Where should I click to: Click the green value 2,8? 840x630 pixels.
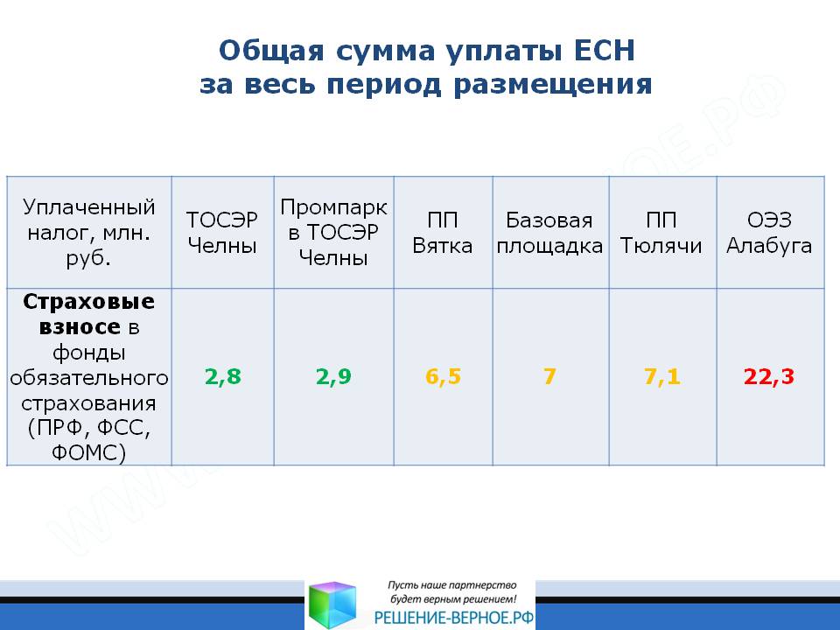[223, 376]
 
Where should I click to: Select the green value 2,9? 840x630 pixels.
[333, 376]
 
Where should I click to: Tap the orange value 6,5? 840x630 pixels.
[443, 376]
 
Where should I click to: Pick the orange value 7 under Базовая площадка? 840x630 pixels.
[549, 376]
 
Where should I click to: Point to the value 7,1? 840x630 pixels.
[662, 376]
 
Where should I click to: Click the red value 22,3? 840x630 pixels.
[769, 376]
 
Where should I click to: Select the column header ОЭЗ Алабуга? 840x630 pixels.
[769, 233]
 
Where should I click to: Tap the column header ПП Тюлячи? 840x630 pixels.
[661, 233]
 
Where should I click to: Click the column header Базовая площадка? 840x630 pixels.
[549, 233]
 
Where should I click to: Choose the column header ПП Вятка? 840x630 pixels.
[443, 233]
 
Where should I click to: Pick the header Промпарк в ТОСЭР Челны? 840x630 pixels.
[333, 232]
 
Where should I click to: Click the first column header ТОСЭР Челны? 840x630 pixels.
[222, 233]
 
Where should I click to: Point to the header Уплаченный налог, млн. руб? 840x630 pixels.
[89, 232]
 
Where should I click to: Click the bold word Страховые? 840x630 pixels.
[89, 302]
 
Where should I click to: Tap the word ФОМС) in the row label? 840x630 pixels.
[89, 452]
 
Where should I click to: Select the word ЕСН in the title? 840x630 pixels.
[605, 51]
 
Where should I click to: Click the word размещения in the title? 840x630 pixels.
[553, 85]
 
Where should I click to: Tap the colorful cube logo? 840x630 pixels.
[332, 605]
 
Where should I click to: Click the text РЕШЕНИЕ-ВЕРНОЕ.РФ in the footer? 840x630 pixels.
[454, 618]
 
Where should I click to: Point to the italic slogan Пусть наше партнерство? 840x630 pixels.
[452, 585]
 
